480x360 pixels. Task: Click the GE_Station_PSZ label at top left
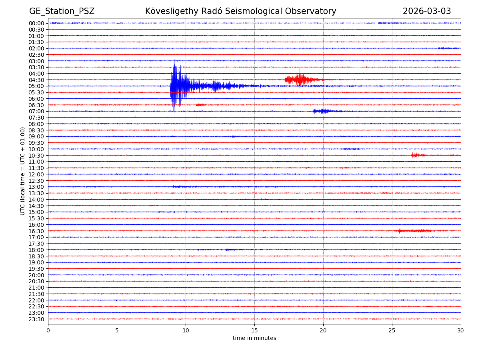(x=62, y=11)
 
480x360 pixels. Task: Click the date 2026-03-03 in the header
(x=426, y=11)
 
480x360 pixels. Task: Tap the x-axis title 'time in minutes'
(x=254, y=338)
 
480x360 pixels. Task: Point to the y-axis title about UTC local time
(x=23, y=171)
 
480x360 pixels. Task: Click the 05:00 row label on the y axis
(x=36, y=86)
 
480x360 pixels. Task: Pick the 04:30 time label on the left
(x=36, y=80)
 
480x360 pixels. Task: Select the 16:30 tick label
(x=36, y=231)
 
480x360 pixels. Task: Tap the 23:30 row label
(x=36, y=319)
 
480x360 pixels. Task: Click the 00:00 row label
(x=36, y=23)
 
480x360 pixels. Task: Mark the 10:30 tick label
(x=36, y=155)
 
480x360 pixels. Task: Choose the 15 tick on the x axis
(x=254, y=330)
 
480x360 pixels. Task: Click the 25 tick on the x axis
(x=392, y=330)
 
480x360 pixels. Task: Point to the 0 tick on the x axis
(x=48, y=330)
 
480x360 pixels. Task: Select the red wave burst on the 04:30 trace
(x=301, y=80)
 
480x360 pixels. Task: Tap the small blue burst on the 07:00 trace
(x=323, y=111)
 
